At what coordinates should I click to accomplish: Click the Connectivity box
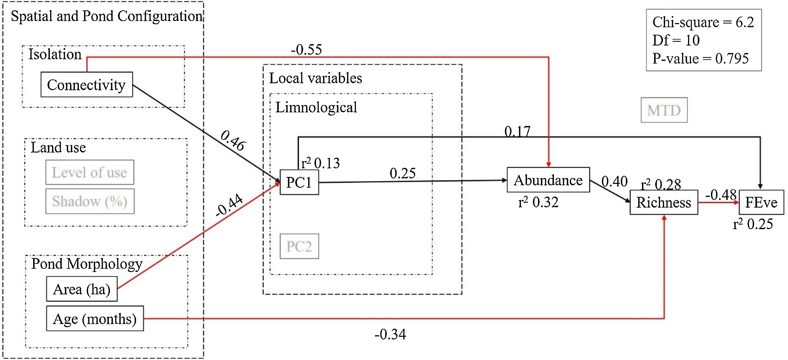[x=86, y=85]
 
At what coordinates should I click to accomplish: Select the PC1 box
[x=299, y=183]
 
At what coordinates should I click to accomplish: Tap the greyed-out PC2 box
[x=299, y=246]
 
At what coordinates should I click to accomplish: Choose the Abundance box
[x=548, y=180]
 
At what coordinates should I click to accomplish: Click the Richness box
[x=664, y=202]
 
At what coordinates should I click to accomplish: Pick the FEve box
[x=761, y=202]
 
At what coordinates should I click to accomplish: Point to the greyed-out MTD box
[x=664, y=110]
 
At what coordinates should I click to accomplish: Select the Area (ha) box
[x=82, y=289]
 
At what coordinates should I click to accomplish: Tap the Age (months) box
[x=95, y=319]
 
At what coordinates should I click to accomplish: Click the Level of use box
[x=90, y=172]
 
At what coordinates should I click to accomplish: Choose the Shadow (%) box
[x=90, y=201]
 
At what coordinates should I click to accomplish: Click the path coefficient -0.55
[x=306, y=50]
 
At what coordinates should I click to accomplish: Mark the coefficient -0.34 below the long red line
[x=390, y=334]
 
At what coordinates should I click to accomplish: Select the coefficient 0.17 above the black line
[x=517, y=131]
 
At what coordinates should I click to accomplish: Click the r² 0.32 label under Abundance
[x=538, y=202]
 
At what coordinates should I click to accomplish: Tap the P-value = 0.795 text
[x=700, y=58]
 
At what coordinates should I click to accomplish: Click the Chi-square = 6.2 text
[x=703, y=22]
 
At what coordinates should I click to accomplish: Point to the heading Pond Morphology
[x=87, y=264]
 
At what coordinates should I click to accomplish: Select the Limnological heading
[x=316, y=107]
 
